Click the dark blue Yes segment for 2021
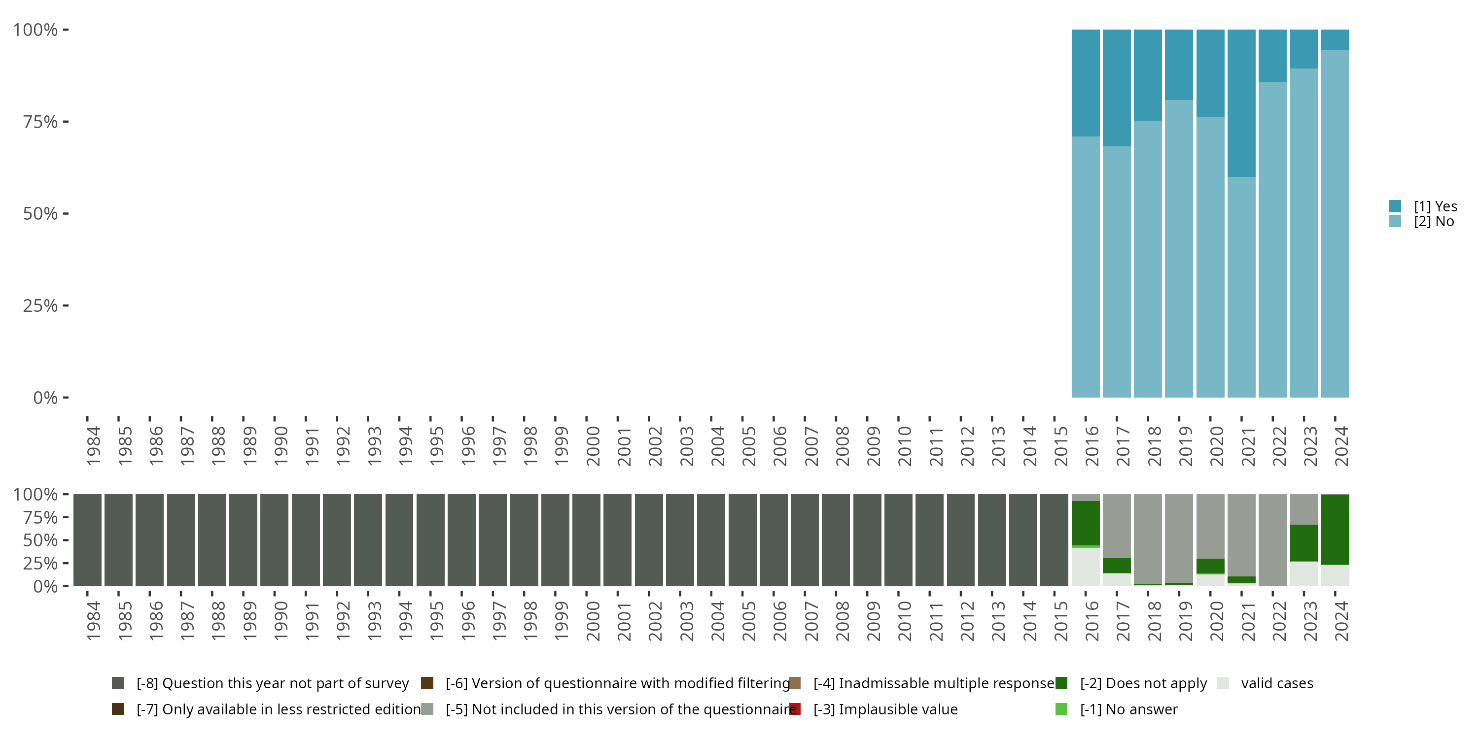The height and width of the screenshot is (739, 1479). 1241,103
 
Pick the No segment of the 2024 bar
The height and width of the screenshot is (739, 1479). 1335,224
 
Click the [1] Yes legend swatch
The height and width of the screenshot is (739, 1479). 1395,206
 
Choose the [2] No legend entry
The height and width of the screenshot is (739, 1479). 1433,222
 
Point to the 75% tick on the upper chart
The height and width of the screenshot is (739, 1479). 66,122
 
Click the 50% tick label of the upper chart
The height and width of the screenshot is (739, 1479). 40,214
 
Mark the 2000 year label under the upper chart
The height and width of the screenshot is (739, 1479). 593,446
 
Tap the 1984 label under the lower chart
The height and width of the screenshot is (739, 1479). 93,621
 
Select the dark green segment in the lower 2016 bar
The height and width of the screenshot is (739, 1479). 1086,523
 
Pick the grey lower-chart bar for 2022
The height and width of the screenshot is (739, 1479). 1272,539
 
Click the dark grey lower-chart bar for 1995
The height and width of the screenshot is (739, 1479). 430,540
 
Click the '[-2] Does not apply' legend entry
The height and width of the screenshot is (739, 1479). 1143,683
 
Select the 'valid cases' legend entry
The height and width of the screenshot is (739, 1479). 1276,683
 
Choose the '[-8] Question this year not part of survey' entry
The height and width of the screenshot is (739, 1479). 272,683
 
